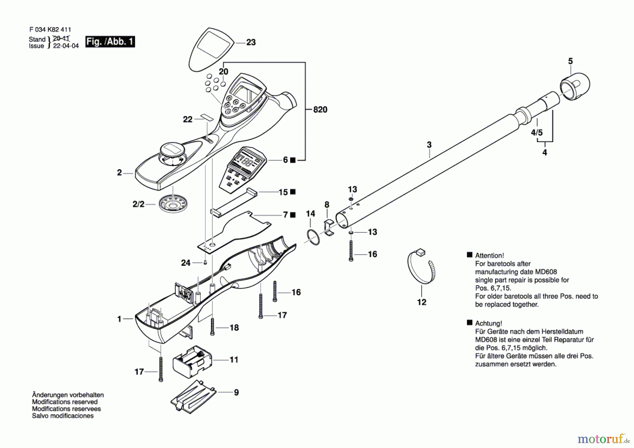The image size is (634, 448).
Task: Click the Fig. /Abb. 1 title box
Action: click(x=110, y=42)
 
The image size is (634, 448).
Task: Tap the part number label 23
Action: click(x=251, y=42)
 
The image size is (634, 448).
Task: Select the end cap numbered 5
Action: click(x=575, y=86)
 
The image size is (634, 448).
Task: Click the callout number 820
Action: click(x=320, y=110)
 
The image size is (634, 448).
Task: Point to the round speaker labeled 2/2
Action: click(x=173, y=203)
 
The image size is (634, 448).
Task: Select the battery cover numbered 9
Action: click(x=193, y=397)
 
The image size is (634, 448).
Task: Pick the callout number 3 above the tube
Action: click(x=429, y=145)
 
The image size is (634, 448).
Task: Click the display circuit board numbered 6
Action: click(x=242, y=170)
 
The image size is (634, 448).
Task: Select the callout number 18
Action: click(x=234, y=328)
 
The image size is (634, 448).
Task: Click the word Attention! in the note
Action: click(x=489, y=256)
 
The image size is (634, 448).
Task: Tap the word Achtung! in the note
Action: click(x=488, y=323)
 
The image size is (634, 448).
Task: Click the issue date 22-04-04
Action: click(x=66, y=46)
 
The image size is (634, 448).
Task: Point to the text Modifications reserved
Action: click(x=65, y=402)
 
